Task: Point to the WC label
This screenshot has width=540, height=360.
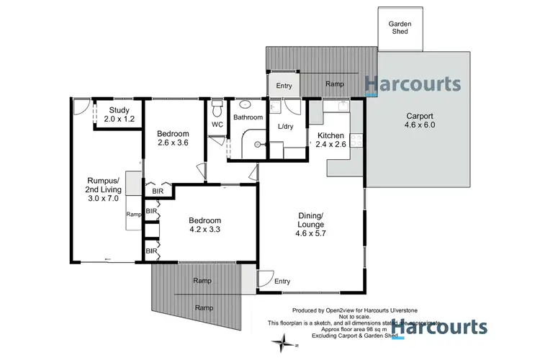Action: pyautogui.click(x=217, y=125)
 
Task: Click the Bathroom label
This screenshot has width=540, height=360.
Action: pyautogui.click(x=248, y=117)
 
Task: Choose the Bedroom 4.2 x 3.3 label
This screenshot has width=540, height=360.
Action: pyautogui.click(x=204, y=226)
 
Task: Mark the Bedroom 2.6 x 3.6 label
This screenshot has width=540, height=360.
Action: pyautogui.click(x=173, y=138)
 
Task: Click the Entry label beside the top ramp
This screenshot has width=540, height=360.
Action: pyautogui.click(x=284, y=86)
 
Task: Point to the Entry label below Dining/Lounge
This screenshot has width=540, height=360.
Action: pyautogui.click(x=283, y=281)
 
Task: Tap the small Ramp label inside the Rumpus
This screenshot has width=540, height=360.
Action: pyautogui.click(x=133, y=214)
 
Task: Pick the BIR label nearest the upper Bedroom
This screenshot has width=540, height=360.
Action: pyautogui.click(x=158, y=192)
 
